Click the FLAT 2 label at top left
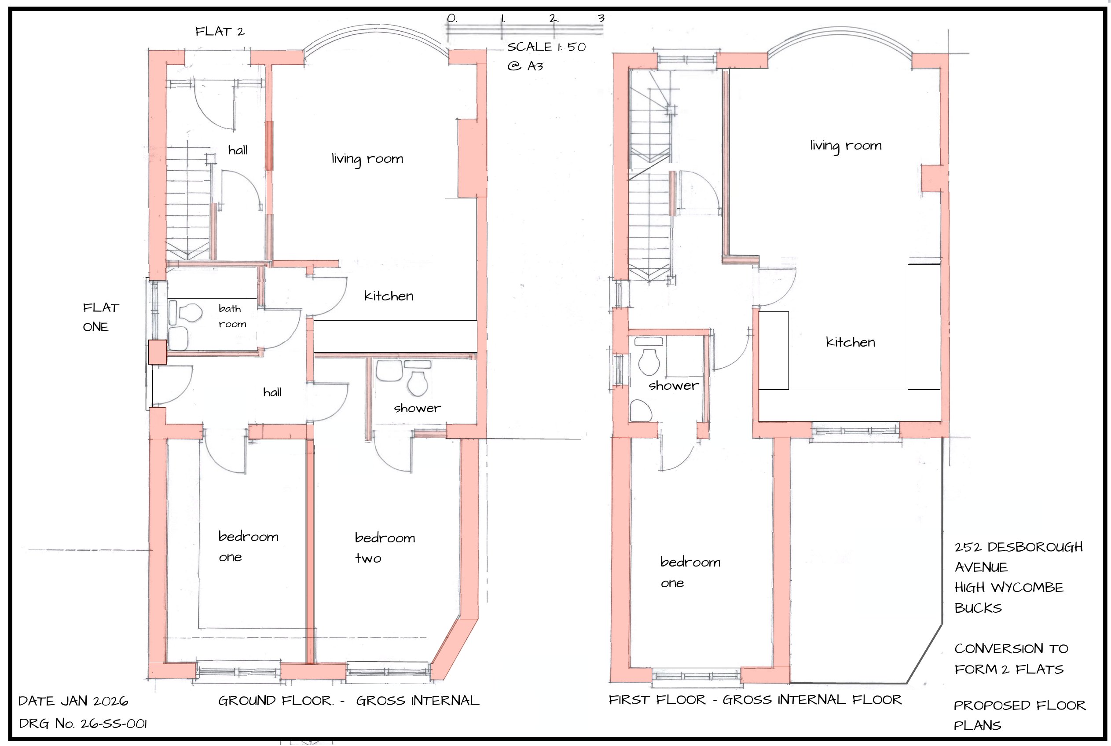pos(220,32)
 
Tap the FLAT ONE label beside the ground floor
pos(100,317)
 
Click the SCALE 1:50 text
pos(546,47)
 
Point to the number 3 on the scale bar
pos(601,18)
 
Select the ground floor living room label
pos(367,159)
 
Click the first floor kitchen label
pos(850,342)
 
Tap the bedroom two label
pos(385,548)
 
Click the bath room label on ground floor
pos(232,316)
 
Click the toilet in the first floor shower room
pos(648,362)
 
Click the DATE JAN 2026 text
pos(73,701)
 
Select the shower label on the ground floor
pos(417,408)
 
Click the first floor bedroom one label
pos(689,572)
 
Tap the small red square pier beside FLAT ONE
pos(157,352)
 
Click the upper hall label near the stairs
pos(238,150)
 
